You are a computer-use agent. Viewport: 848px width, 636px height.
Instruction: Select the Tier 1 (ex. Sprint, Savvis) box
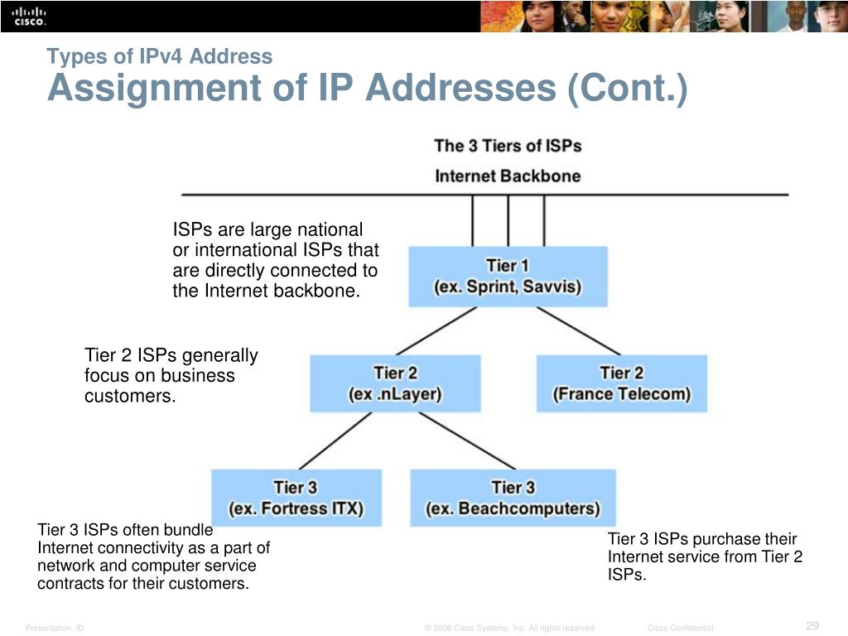(x=508, y=277)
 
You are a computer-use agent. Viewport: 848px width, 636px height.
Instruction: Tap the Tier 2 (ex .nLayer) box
(x=395, y=383)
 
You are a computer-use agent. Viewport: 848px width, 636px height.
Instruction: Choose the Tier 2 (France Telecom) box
(x=622, y=383)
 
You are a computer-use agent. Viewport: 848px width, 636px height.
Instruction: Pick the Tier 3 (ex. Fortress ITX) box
(x=296, y=498)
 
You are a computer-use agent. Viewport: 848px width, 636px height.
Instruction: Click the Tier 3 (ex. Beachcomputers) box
(x=513, y=498)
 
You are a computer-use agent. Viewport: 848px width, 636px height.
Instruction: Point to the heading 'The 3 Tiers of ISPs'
(x=508, y=147)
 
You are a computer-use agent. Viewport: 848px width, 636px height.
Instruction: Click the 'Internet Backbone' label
(x=508, y=176)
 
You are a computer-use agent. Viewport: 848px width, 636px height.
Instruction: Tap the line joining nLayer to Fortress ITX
(x=335, y=441)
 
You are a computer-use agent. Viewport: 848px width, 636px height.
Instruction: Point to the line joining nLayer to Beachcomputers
(x=455, y=441)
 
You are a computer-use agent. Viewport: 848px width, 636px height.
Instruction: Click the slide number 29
(x=812, y=625)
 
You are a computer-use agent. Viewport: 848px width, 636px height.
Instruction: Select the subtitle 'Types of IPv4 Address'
(x=159, y=56)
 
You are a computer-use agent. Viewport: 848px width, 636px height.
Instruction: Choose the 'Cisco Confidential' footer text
(x=680, y=629)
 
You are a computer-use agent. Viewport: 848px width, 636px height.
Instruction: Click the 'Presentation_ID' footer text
(x=55, y=629)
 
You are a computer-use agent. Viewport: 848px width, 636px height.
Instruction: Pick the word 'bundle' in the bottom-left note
(x=188, y=530)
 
